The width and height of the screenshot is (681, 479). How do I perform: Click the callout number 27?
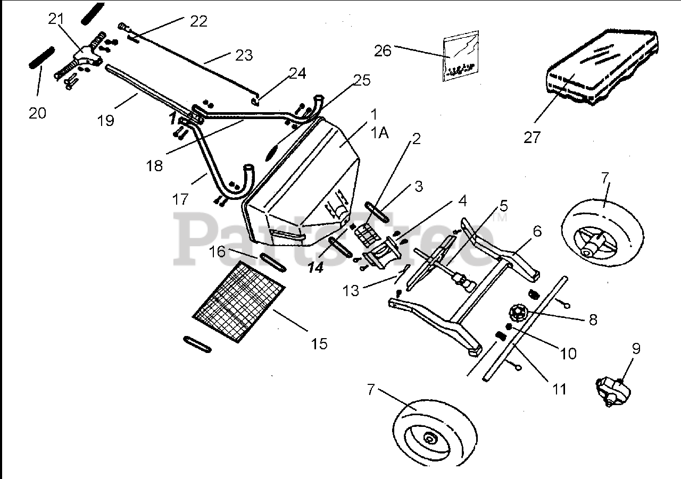point(531,137)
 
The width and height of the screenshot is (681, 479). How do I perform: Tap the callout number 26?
point(383,51)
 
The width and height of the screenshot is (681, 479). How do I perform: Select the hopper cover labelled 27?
point(601,66)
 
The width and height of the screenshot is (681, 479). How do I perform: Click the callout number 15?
point(319,344)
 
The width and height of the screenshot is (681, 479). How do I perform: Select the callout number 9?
point(636,349)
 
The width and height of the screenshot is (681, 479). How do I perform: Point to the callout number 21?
point(55,19)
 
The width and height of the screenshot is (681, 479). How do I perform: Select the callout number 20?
point(37,113)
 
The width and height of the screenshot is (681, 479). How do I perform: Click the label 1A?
point(380,132)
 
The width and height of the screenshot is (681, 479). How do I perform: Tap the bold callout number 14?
point(315,268)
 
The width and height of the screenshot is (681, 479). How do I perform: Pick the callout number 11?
point(559,389)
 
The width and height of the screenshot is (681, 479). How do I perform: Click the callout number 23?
point(244,55)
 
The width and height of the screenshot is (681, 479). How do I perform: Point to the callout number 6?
point(537,231)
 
